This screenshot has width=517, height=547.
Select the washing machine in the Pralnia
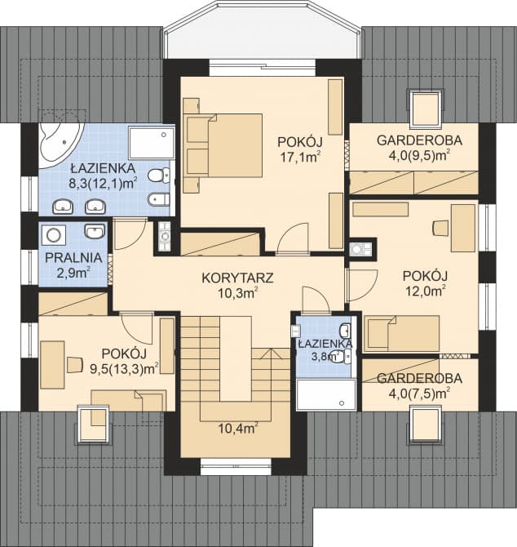click(55, 235)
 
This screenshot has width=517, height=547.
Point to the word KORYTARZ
click(236, 277)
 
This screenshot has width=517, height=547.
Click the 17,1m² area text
click(298, 156)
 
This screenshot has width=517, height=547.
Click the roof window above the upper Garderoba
click(424, 107)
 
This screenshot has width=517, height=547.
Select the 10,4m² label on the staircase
click(237, 426)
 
